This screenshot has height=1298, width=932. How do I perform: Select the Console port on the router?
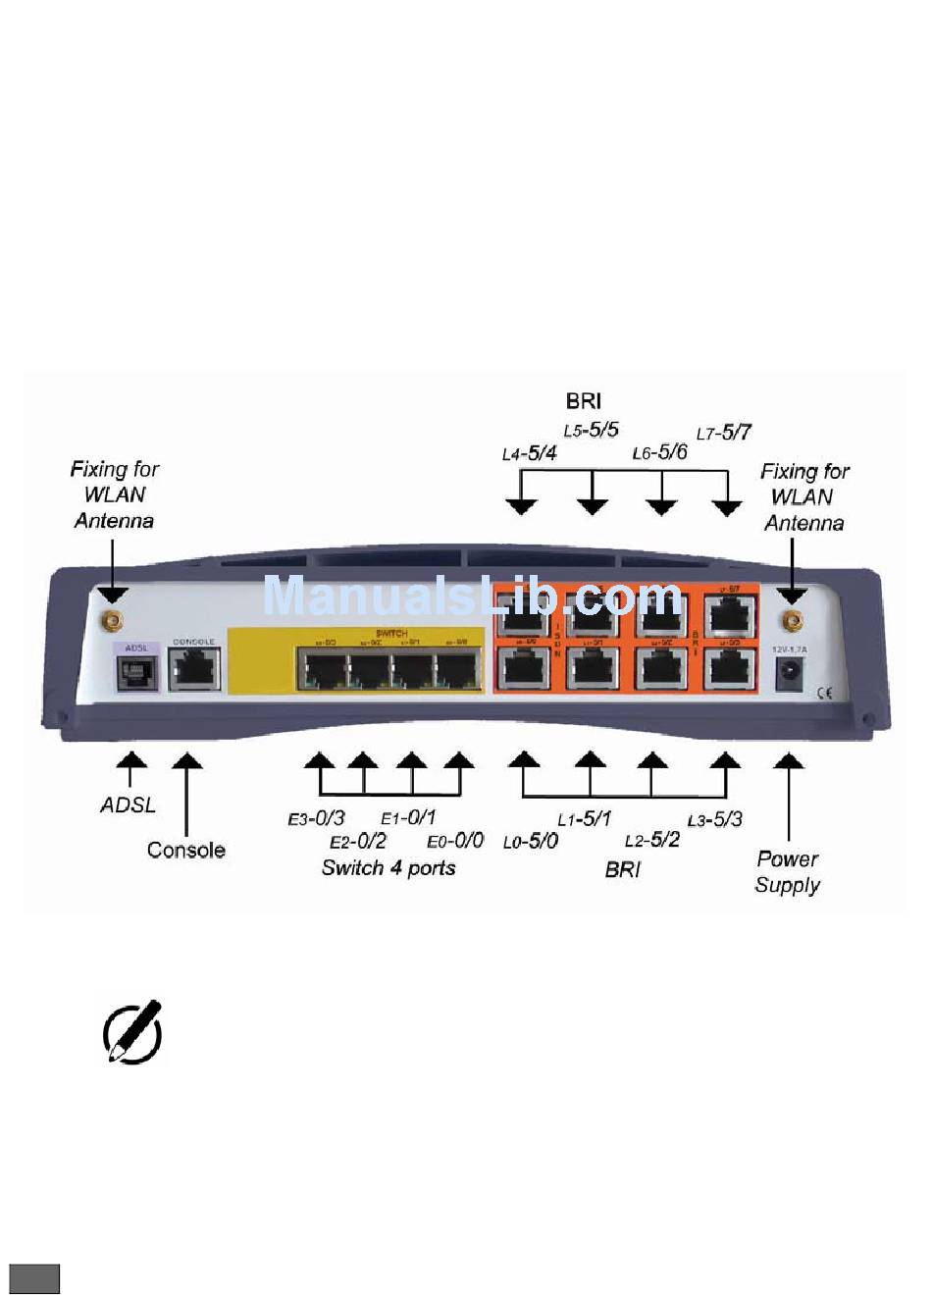194,671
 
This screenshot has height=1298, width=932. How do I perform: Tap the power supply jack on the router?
789,674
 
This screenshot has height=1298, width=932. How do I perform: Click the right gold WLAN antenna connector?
790,620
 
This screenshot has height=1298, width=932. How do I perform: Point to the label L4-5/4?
529,453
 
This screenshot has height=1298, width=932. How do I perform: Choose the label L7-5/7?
724,433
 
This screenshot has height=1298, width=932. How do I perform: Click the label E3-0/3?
316,817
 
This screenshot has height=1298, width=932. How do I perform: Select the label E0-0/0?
455,841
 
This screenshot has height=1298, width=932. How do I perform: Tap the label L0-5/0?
531,842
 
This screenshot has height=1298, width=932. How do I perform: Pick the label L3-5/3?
714,819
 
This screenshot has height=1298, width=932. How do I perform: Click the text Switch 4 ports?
388,867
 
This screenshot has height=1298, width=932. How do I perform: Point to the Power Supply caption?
788,871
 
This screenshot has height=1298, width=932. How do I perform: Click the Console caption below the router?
186,850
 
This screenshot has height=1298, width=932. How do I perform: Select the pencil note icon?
131,1032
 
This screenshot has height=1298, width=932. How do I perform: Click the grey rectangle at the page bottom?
35,1278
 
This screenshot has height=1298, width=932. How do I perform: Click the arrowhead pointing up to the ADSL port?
130,759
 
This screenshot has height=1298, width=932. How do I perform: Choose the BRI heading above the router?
584,400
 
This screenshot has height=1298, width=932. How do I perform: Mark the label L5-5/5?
591,430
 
